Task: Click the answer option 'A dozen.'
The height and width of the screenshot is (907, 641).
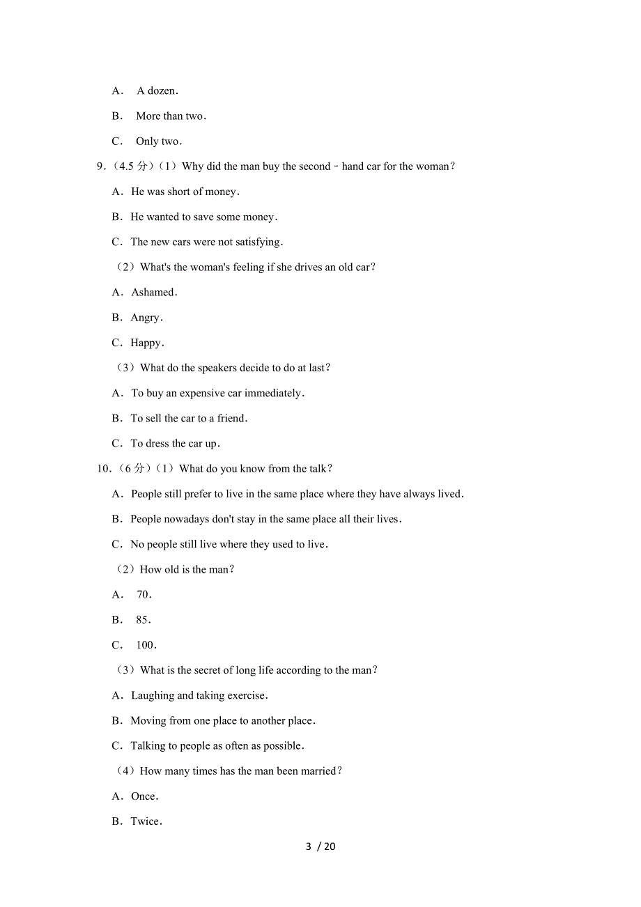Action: click(x=157, y=91)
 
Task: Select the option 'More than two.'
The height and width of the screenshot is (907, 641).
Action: click(x=171, y=116)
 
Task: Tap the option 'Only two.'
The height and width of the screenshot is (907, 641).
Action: click(x=159, y=141)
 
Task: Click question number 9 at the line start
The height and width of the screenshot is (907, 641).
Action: click(x=101, y=166)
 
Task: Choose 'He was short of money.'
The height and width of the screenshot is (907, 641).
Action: click(x=185, y=192)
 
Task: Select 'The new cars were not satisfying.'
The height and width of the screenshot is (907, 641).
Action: click(x=207, y=242)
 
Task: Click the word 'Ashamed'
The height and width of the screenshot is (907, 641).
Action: click(x=153, y=293)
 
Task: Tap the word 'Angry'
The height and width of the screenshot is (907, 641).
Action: click(x=146, y=318)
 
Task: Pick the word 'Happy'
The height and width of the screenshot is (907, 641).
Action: click(x=146, y=343)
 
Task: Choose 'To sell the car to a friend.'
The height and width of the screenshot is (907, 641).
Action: click(x=189, y=419)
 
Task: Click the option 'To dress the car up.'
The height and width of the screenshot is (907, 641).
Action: click(x=175, y=444)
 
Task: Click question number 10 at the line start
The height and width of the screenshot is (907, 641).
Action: click(x=104, y=469)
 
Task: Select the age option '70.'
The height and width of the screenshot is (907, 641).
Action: click(x=144, y=595)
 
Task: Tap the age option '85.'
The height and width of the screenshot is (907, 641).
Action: click(x=144, y=620)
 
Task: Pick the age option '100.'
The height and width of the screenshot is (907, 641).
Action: click(x=146, y=645)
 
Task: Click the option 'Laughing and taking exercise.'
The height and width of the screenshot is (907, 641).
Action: click(x=199, y=695)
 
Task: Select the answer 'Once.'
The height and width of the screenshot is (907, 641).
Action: click(x=144, y=796)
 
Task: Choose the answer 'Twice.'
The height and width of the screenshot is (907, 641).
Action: click(x=146, y=821)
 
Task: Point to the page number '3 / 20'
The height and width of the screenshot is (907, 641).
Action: click(x=320, y=846)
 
